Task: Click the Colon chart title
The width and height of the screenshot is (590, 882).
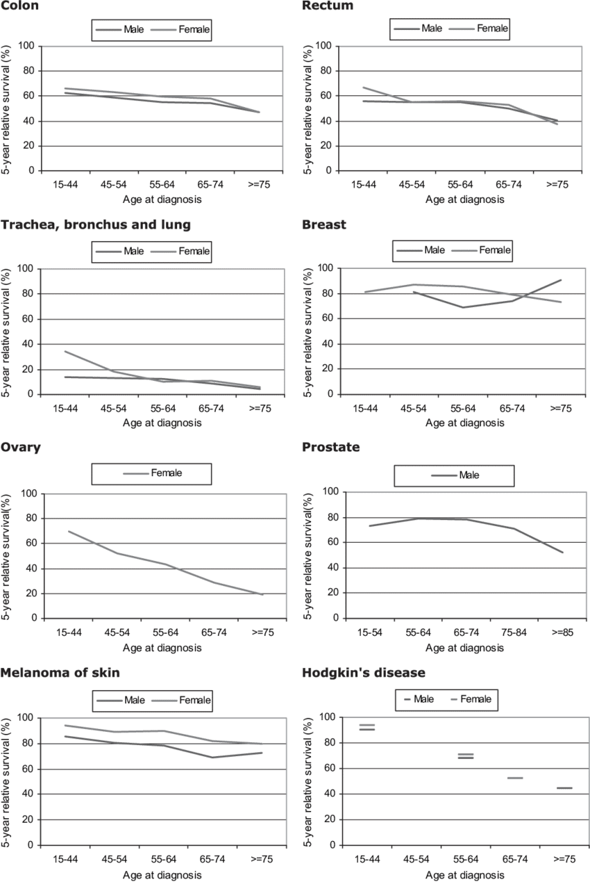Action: pos(19,6)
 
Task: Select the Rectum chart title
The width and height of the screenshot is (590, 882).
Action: pos(328,6)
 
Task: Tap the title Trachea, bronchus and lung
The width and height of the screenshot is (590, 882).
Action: pos(96,224)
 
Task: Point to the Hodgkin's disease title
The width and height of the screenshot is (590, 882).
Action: pos(364,673)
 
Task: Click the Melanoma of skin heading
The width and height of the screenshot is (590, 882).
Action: pos(60,673)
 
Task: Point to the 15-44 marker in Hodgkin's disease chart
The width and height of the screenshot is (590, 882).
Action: pos(366,727)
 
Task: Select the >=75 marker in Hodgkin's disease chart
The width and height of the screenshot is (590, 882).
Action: pos(564,788)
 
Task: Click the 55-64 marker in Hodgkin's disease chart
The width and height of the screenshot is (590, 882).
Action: pos(465,756)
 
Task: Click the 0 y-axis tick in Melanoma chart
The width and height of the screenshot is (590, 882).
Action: pos(31,845)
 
